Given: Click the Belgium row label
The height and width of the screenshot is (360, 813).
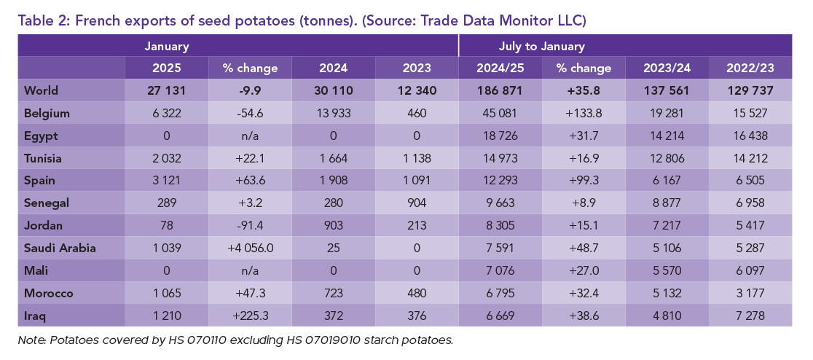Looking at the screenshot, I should [x=47, y=114].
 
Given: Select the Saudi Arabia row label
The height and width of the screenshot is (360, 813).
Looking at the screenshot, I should [x=60, y=248].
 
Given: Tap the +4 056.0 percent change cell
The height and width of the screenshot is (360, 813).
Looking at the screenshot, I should [x=250, y=248].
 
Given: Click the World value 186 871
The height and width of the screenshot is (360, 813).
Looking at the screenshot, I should [x=500, y=91].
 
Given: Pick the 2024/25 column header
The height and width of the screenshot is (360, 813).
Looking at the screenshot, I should [x=500, y=69].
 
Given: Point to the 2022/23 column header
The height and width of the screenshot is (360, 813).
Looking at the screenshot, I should [x=750, y=69].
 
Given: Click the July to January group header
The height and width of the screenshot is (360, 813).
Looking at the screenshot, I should [x=541, y=46].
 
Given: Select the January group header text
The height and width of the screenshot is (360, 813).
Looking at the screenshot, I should [x=167, y=46].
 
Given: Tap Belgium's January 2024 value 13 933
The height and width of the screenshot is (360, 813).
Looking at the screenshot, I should [x=333, y=114].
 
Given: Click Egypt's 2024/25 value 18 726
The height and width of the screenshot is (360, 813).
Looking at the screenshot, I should [x=500, y=136].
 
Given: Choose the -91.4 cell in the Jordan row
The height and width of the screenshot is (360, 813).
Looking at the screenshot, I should [x=250, y=226].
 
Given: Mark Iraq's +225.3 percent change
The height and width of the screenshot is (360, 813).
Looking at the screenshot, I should [x=250, y=315].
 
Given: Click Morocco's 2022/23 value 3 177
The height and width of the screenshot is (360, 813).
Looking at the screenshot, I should [x=750, y=293].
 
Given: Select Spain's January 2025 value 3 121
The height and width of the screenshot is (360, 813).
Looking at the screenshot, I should [x=167, y=181].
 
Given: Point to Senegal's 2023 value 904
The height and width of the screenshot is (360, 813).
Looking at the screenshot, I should [x=417, y=203].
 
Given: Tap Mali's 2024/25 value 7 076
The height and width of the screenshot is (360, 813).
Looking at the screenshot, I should [x=500, y=270].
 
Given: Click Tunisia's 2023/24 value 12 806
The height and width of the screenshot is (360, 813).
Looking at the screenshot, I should [x=667, y=159].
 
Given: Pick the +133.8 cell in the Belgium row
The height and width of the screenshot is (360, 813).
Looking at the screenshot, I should [x=583, y=114].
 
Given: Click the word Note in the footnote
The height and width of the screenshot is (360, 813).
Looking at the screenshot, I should [x=31, y=340].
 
